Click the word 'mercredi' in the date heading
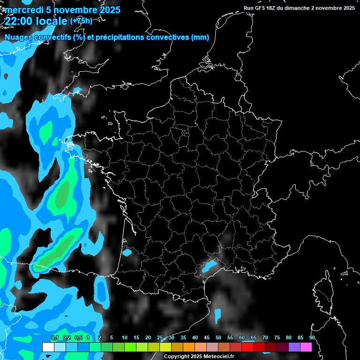click(x=21, y=10)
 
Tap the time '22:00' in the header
click(x=18, y=21)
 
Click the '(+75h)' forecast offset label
click(x=81, y=21)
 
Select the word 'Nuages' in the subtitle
click(x=18, y=37)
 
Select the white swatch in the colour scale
click(x=48, y=347)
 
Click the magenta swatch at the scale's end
click(x=306, y=347)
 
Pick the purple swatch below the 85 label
click(x=294, y=347)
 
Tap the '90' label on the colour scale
click(x=312, y=337)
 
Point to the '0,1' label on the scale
click(x=55, y=337)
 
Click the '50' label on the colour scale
click(x=218, y=337)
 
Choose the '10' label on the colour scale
click(x=125, y=337)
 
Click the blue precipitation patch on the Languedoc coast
click(x=209, y=267)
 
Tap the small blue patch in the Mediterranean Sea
click(x=217, y=315)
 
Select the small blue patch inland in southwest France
click(x=127, y=253)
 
